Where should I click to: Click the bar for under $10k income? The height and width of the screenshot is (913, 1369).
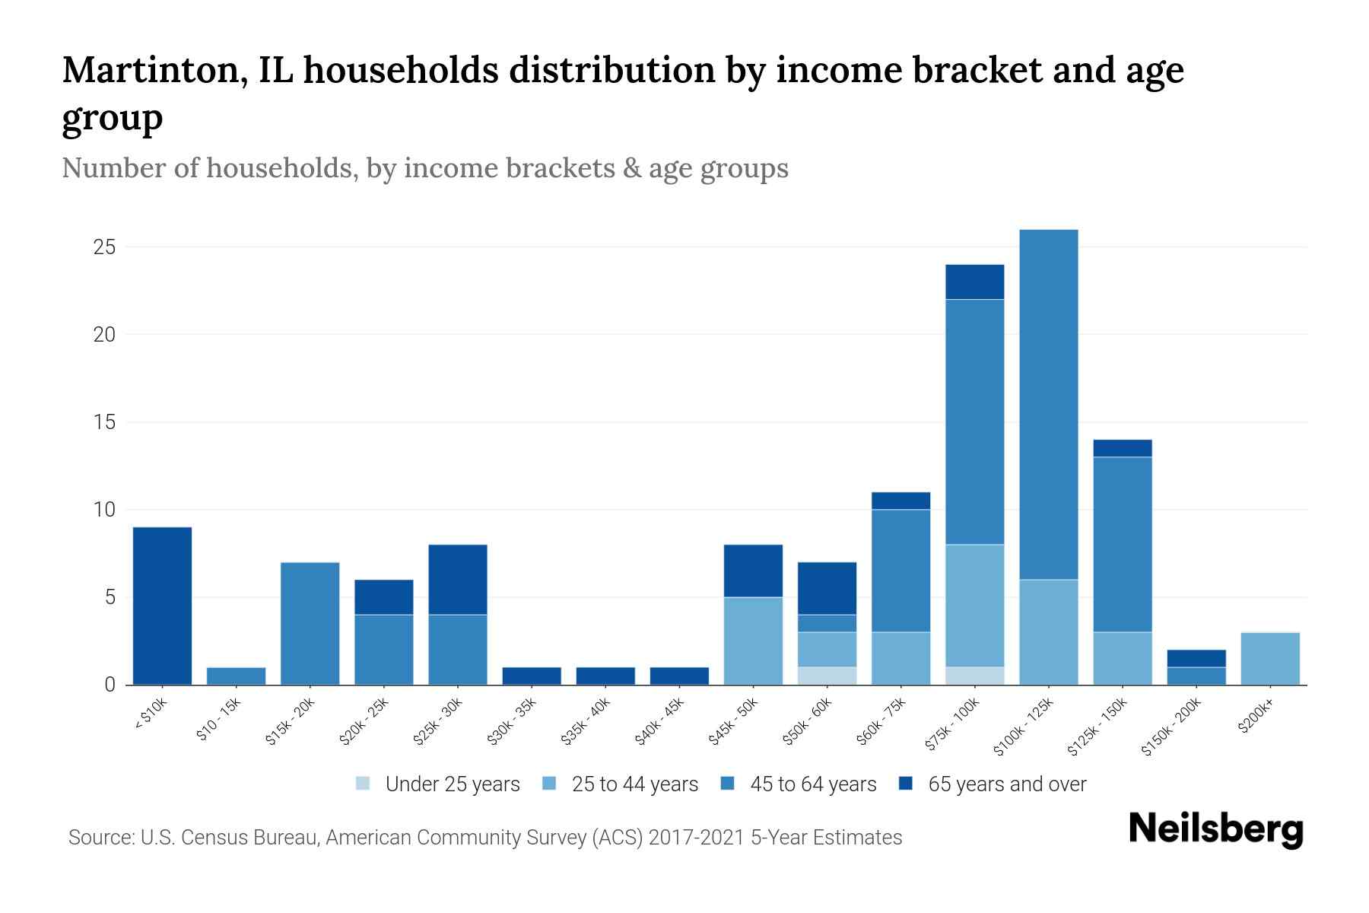[x=162, y=606]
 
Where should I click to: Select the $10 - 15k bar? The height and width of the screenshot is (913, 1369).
[x=236, y=676]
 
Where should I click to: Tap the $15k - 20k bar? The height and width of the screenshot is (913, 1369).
[x=310, y=623]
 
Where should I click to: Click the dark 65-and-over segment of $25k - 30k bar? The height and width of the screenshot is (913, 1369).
[x=457, y=579]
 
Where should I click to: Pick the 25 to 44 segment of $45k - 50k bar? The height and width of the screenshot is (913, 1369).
[x=753, y=641]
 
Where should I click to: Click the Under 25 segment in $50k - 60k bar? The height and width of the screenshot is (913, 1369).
[x=827, y=676]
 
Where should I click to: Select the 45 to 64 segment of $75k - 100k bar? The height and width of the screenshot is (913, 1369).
[x=974, y=422]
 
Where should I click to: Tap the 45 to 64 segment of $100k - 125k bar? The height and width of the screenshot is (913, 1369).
[x=1048, y=404]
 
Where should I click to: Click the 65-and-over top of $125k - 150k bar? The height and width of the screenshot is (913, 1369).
[x=1122, y=448]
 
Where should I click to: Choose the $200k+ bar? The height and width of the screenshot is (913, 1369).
[x=1269, y=658]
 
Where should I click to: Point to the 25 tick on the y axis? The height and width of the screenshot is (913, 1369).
[x=104, y=247]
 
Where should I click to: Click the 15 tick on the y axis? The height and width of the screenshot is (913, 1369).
[x=104, y=422]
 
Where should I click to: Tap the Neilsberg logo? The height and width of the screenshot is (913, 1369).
[x=1215, y=830]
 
